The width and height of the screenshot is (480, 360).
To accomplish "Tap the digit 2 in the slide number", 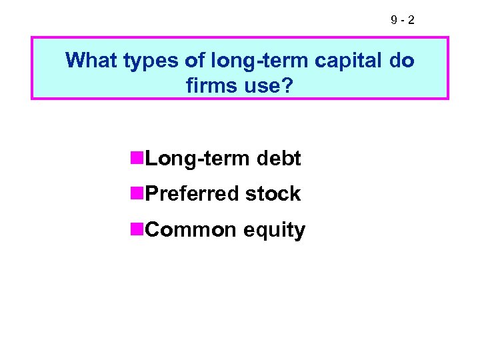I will pos(410,21).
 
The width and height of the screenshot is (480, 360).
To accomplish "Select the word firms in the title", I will pos(211,84).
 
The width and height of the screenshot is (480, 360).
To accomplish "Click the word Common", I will pos(191,230).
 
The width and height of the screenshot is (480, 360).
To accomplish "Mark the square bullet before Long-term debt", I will pos(137,158).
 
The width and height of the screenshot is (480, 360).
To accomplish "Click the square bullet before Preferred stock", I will pos(137,193).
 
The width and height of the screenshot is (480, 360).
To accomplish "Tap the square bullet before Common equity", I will pos(137,229).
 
